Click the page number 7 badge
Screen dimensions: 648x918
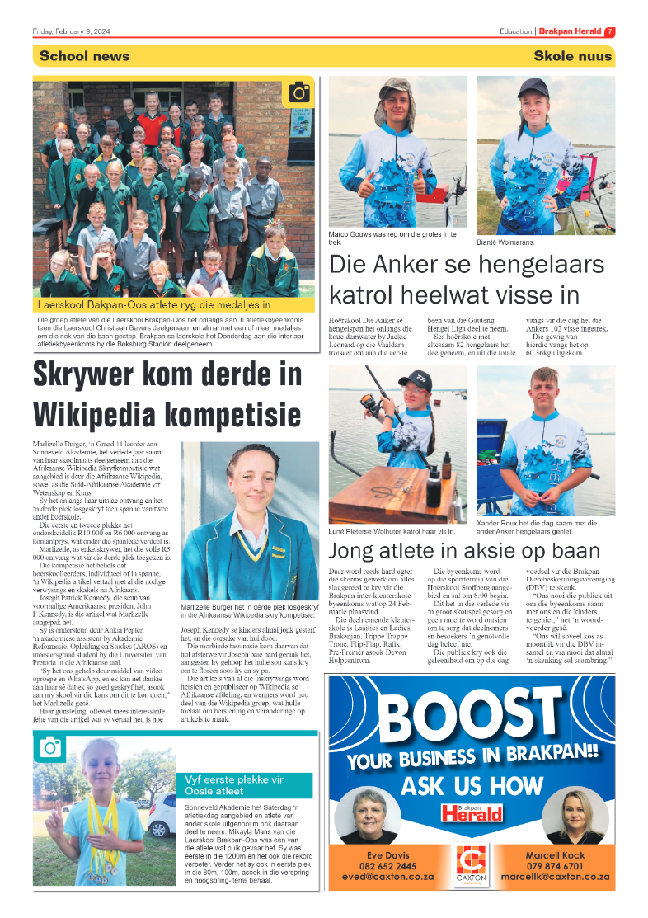click(610, 32)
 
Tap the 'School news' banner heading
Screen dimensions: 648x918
click(84, 56)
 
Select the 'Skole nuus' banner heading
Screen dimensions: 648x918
click(573, 56)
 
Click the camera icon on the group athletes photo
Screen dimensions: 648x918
click(298, 92)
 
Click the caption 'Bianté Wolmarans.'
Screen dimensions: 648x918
click(505, 242)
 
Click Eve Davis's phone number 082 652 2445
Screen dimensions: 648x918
click(388, 866)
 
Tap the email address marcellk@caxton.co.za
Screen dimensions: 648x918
click(554, 877)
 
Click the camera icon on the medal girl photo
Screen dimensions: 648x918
click(49, 748)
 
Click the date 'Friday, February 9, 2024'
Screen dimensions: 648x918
click(72, 32)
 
